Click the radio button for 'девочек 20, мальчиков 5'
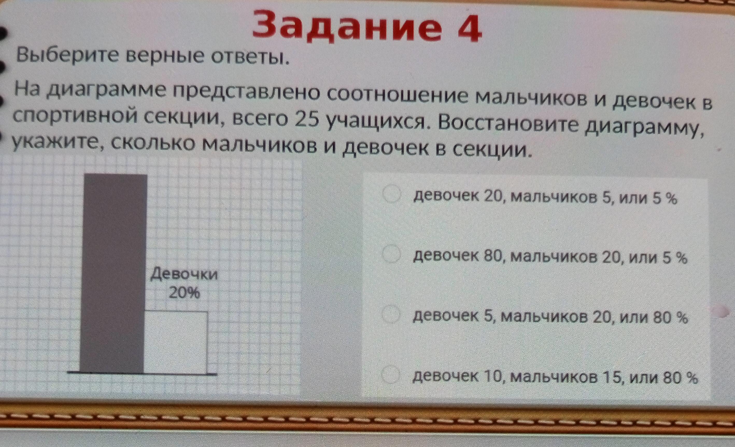coord(391,194)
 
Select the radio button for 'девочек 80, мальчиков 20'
coord(391,254)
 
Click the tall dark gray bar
coord(113,273)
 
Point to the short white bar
coord(175,342)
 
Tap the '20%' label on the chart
coord(184,293)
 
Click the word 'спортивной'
coord(75,117)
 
